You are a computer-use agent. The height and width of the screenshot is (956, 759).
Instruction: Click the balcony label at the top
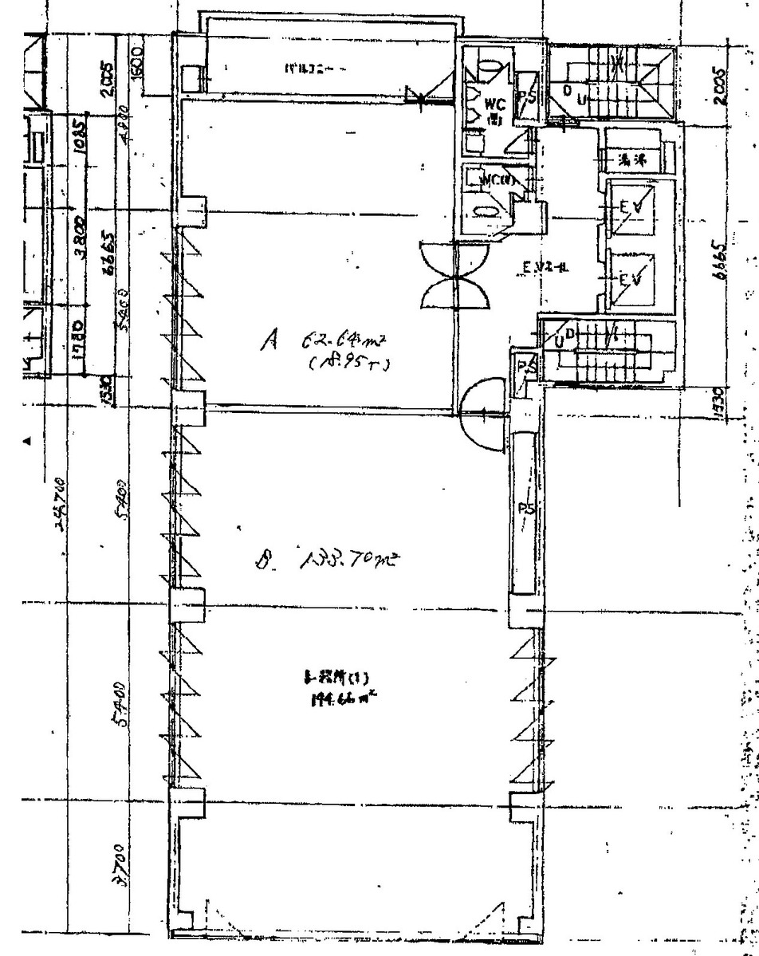point(315,69)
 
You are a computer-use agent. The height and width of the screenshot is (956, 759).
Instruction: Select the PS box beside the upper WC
point(525,97)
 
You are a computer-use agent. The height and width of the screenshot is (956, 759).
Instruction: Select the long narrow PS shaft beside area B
point(525,510)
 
